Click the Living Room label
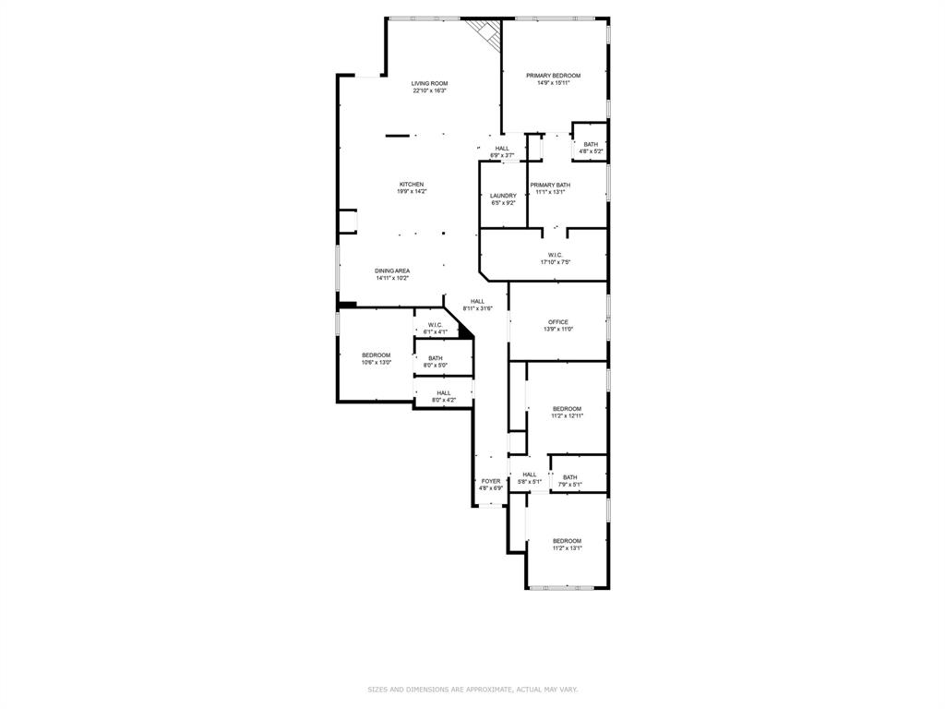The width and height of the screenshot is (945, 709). [x=429, y=84]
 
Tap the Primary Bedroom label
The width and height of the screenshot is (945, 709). [x=553, y=76]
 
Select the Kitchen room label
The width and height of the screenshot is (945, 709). [x=412, y=185]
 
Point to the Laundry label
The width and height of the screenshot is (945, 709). [x=503, y=196]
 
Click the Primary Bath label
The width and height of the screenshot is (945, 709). [x=550, y=186]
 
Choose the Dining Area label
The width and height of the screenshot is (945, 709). [x=392, y=270]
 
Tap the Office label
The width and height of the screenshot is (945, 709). [x=558, y=322]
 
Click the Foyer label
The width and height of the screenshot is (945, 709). [x=491, y=481]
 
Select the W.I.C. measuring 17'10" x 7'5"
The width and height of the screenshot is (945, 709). [x=556, y=256]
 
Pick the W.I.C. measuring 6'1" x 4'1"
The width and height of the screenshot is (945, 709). [x=435, y=325]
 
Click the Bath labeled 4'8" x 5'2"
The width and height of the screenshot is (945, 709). [x=591, y=144]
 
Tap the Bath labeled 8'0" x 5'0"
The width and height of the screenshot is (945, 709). [x=435, y=358]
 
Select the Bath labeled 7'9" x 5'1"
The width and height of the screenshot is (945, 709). [x=570, y=477]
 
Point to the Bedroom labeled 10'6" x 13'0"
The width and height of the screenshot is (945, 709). [x=376, y=355]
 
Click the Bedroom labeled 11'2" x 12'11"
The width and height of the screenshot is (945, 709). [x=567, y=409]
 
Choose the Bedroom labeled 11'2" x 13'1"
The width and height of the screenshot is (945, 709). [x=567, y=541]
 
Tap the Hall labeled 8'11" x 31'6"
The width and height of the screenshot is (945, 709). [x=477, y=302]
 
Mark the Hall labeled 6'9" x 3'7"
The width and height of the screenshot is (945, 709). [x=501, y=149]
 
